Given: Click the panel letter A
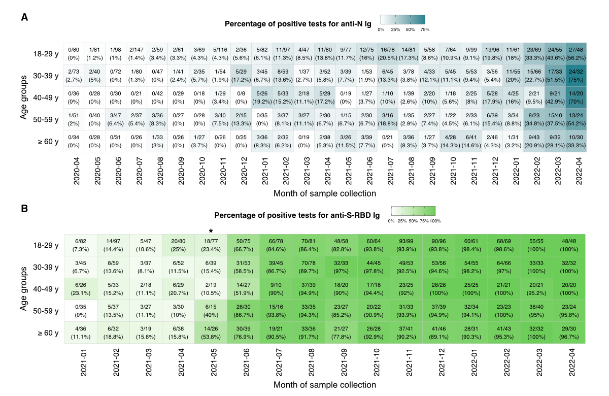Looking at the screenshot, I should (24, 17).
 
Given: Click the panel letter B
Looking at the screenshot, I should (24, 209).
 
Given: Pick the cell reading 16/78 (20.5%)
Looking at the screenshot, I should (388, 53).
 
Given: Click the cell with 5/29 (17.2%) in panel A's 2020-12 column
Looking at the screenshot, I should (242, 76).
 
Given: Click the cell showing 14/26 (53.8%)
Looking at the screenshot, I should (211, 333).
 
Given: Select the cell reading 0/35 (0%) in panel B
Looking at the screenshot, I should (80, 310).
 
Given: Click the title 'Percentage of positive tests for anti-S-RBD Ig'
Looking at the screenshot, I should (297, 215).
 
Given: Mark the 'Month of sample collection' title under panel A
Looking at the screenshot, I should (325, 193).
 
